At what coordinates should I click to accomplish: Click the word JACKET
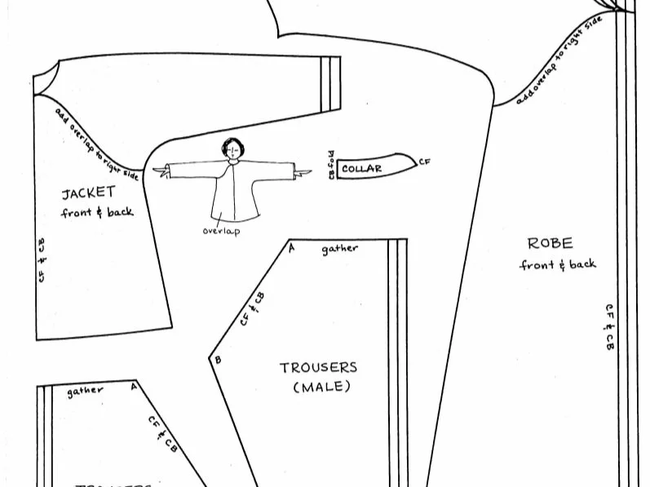point(89,193)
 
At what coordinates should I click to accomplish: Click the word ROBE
point(550,243)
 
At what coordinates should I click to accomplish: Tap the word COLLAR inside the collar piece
point(361,169)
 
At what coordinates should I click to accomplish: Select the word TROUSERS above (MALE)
point(318,368)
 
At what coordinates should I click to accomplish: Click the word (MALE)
point(321,387)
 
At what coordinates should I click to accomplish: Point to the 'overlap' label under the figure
point(223,231)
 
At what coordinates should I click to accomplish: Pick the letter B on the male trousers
point(217,359)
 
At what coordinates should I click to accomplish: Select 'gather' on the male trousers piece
point(339,248)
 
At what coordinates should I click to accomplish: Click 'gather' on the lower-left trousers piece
point(86,391)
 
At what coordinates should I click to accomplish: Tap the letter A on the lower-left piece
point(134,387)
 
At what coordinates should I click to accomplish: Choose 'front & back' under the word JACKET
point(97,213)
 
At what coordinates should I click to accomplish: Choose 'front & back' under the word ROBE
point(558,264)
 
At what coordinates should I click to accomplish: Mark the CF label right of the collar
point(424,162)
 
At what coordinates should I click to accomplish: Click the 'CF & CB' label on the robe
point(609,327)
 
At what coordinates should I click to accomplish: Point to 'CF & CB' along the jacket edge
point(41,260)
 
